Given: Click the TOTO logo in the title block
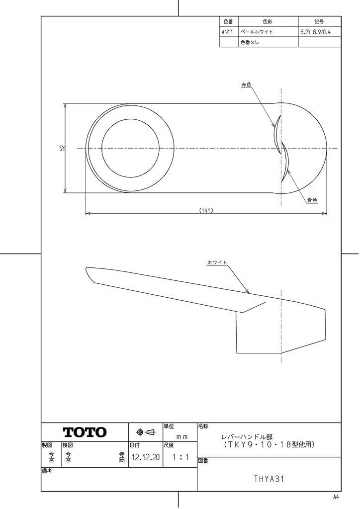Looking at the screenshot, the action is [85, 432].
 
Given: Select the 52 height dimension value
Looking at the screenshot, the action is [63, 148].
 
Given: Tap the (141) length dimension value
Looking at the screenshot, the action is [206, 210].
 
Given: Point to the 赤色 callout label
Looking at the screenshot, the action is [246, 85].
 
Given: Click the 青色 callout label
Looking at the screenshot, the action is [312, 200].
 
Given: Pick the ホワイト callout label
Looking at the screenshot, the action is [217, 262].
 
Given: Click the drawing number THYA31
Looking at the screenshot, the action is [269, 479].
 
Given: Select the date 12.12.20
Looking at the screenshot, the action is [146, 457].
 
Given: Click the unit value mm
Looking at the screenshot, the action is [182, 437].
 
